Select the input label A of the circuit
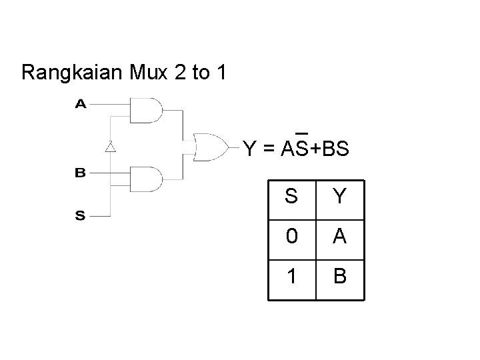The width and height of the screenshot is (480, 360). pyautogui.click(x=80, y=104)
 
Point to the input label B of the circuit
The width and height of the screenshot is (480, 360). pyautogui.click(x=80, y=173)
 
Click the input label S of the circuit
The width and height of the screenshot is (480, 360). pyautogui.click(x=80, y=215)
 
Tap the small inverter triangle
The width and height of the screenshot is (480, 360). pyautogui.click(x=111, y=146)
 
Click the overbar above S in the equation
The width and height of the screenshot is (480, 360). pyautogui.click(x=300, y=131)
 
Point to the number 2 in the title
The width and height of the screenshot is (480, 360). pyautogui.click(x=180, y=72)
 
